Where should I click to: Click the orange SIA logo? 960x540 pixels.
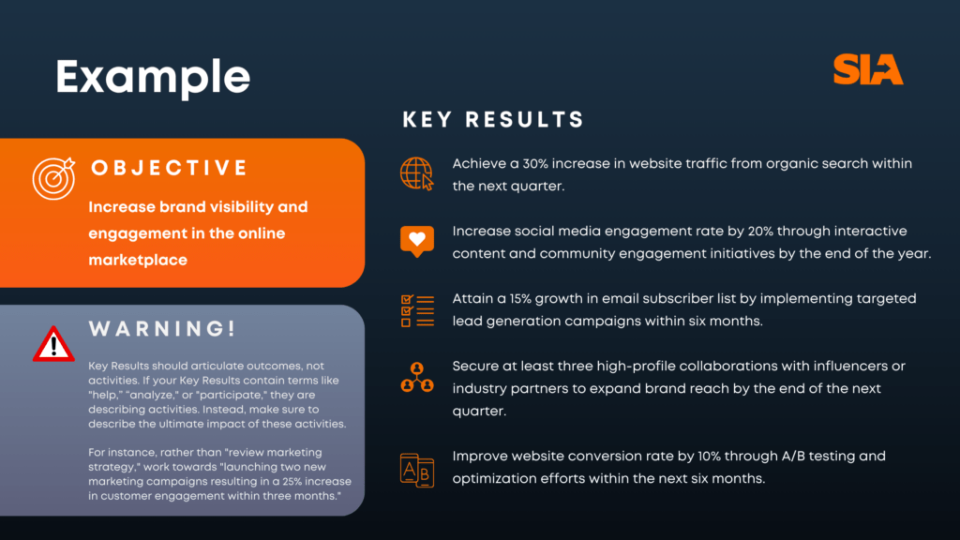coord(868,69)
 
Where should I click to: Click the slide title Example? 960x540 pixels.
coord(153,77)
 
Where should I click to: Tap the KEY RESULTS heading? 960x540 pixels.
coord(493,119)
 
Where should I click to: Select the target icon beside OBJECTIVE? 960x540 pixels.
coord(53,178)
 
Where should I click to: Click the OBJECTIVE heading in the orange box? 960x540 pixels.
coord(170,168)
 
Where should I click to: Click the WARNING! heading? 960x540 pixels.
coord(162,329)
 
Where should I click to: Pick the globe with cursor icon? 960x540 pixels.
coord(417,173)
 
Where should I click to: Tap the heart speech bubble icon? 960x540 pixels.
coord(417,241)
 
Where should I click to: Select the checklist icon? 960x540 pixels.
coord(417,310)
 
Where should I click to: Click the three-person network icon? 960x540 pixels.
coord(417,377)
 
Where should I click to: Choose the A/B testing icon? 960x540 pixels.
coord(417,471)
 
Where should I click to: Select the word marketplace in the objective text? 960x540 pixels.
coord(138,261)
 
